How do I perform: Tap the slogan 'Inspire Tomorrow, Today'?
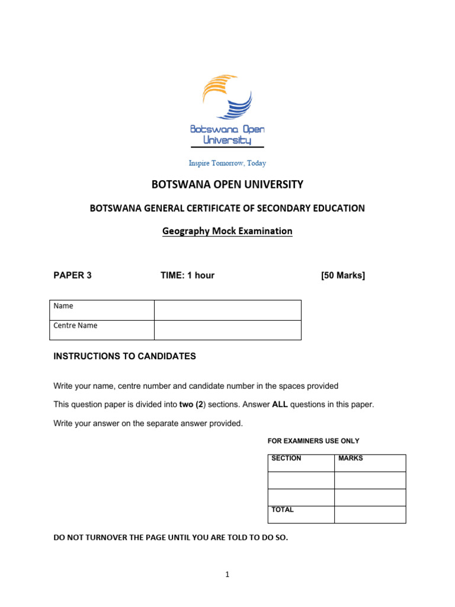click(227, 163)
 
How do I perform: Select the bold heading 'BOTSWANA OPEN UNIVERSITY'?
click(227, 184)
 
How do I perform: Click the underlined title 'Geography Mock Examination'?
click(227, 231)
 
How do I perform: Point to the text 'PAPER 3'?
click(72, 275)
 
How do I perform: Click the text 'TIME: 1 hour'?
click(187, 275)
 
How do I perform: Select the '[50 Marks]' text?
click(342, 275)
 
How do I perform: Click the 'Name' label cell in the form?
click(101, 310)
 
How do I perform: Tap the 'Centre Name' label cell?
click(101, 330)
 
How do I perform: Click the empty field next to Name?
click(227, 310)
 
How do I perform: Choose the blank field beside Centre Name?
click(227, 330)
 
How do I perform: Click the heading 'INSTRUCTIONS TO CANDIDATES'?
click(124, 356)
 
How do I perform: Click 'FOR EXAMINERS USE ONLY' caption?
click(313, 441)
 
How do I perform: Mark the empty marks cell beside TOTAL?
click(370, 515)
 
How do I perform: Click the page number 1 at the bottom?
click(227, 574)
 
